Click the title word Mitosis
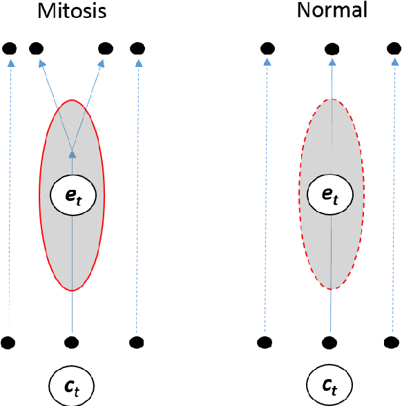pos(73,11)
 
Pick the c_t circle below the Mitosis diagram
pos(72,383)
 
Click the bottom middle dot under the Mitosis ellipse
pos(72,342)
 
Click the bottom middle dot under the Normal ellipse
pos(331,342)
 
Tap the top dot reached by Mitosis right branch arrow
pos(105,48)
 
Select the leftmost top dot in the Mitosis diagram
pos(10,48)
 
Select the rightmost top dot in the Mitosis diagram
pos(137,48)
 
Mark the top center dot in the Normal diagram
pos(332,48)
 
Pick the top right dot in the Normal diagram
pos(394,48)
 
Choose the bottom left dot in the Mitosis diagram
pos(8,342)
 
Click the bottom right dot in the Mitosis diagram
pos(137,342)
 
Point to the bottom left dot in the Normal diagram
pos(265,342)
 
